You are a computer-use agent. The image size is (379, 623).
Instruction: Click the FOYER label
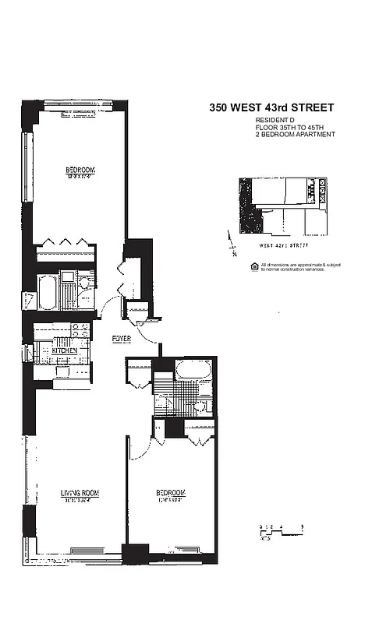click(x=121, y=340)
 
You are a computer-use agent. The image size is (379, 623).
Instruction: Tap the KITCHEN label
click(x=64, y=351)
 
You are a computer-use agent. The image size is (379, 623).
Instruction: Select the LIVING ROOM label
click(x=80, y=493)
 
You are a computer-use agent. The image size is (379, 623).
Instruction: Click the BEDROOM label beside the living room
click(x=170, y=493)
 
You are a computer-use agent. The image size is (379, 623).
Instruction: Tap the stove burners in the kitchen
click(x=78, y=330)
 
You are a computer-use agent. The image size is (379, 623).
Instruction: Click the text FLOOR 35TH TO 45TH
click(x=288, y=128)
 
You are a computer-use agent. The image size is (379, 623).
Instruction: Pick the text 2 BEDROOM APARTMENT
click(x=295, y=135)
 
